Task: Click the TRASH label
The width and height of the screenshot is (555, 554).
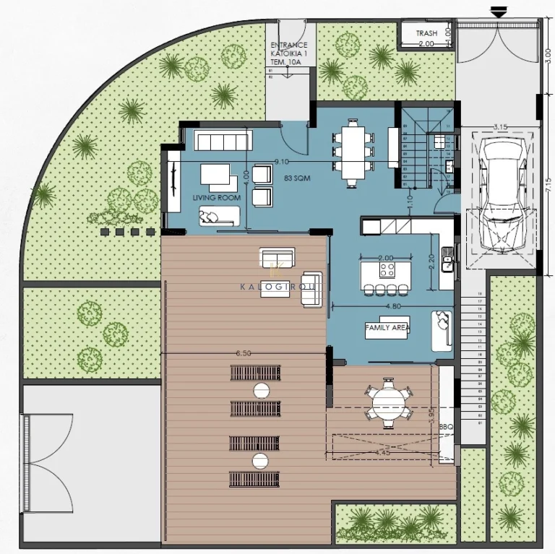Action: [426, 33]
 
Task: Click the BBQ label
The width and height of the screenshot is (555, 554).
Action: [446, 427]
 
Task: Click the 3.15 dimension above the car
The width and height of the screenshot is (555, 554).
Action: [500, 127]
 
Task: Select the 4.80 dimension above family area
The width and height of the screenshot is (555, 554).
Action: [393, 306]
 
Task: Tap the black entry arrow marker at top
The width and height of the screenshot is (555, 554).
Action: [497, 11]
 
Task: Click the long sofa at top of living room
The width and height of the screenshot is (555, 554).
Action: [224, 139]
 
